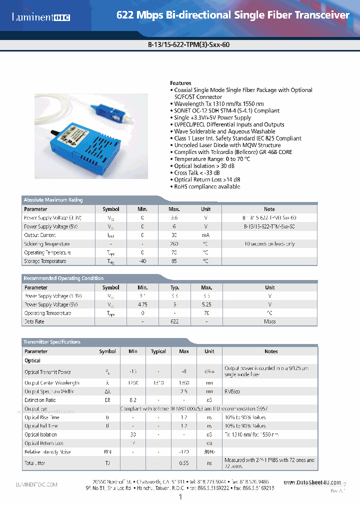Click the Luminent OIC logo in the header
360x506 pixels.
pyautogui.click(x=41, y=17)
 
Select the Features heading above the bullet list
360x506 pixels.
pyautogui.click(x=180, y=83)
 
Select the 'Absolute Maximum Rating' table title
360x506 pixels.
pyautogui.click(x=53, y=200)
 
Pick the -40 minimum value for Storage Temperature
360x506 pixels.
pyautogui.click(x=142, y=261)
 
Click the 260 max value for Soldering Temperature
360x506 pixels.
pyautogui.click(x=174, y=244)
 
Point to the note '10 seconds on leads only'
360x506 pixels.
pyautogui.click(x=269, y=244)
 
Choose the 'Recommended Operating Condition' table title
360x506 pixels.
pyautogui.click(x=63, y=278)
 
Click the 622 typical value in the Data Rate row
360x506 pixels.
pyautogui.click(x=174, y=321)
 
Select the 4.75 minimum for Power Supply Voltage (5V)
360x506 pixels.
pyautogui.click(x=142, y=304)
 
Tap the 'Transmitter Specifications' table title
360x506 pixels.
pyautogui.click(x=52, y=342)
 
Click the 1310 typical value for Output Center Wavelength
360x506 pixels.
pyautogui.click(x=158, y=383)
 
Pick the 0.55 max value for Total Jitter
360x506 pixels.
pyautogui.click(x=184, y=463)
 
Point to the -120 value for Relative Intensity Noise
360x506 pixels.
pyautogui.click(x=184, y=452)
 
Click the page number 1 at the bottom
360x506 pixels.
pyautogui.click(x=180, y=497)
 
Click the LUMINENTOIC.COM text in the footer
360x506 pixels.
pyautogui.click(x=37, y=484)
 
